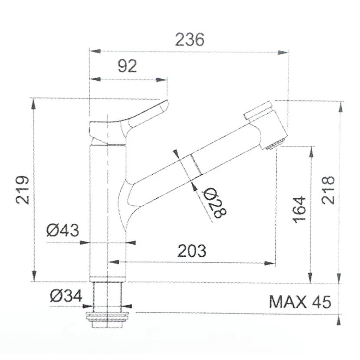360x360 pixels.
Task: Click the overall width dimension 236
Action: click(189, 39)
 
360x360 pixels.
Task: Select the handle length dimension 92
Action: click(127, 66)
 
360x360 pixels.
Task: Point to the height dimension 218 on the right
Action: click(328, 190)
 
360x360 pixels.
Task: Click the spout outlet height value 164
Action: click(299, 210)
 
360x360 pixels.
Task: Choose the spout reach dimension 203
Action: click(191, 251)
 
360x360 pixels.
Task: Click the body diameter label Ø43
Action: click(63, 230)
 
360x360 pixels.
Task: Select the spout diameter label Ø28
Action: click(216, 203)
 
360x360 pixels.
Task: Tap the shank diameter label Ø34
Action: click(65, 296)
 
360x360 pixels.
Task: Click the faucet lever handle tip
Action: click(164, 104)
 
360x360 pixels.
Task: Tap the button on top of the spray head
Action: click(258, 110)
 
